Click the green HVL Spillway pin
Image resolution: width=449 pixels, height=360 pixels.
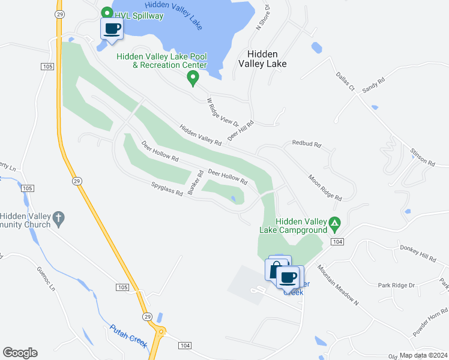(107, 13)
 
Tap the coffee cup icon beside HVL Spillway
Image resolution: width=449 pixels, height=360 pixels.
(112, 28)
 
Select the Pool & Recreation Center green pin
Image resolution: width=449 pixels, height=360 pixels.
(193, 77)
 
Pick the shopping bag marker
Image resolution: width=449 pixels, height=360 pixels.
(276, 267)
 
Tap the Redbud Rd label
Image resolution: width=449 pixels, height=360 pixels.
(307, 144)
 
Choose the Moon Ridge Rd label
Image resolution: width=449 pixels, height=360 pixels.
(325, 187)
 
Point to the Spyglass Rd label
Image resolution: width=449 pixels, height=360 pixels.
(167, 194)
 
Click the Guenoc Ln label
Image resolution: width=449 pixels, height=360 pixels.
(46, 279)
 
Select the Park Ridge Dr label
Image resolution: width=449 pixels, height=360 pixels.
(397, 285)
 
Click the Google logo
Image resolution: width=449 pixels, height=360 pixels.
(20, 353)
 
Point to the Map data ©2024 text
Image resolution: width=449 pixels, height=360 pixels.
(423, 355)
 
